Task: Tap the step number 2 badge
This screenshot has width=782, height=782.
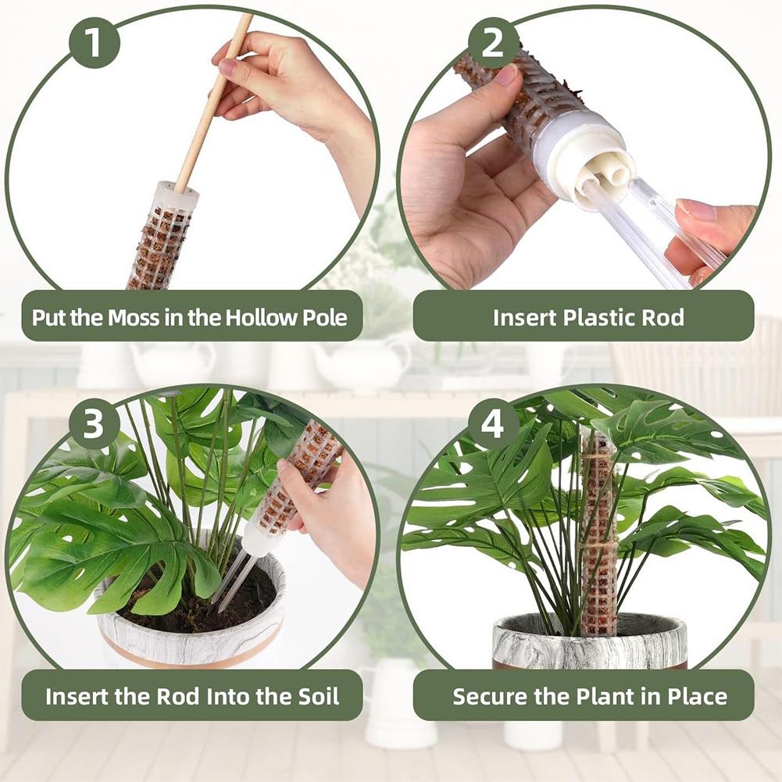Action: pyautogui.click(x=493, y=43)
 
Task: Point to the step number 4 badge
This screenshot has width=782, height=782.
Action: pyautogui.click(x=493, y=425)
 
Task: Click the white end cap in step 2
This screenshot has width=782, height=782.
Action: pyautogui.click(x=594, y=156)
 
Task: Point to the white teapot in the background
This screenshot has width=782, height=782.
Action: pyautogui.click(x=359, y=363)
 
